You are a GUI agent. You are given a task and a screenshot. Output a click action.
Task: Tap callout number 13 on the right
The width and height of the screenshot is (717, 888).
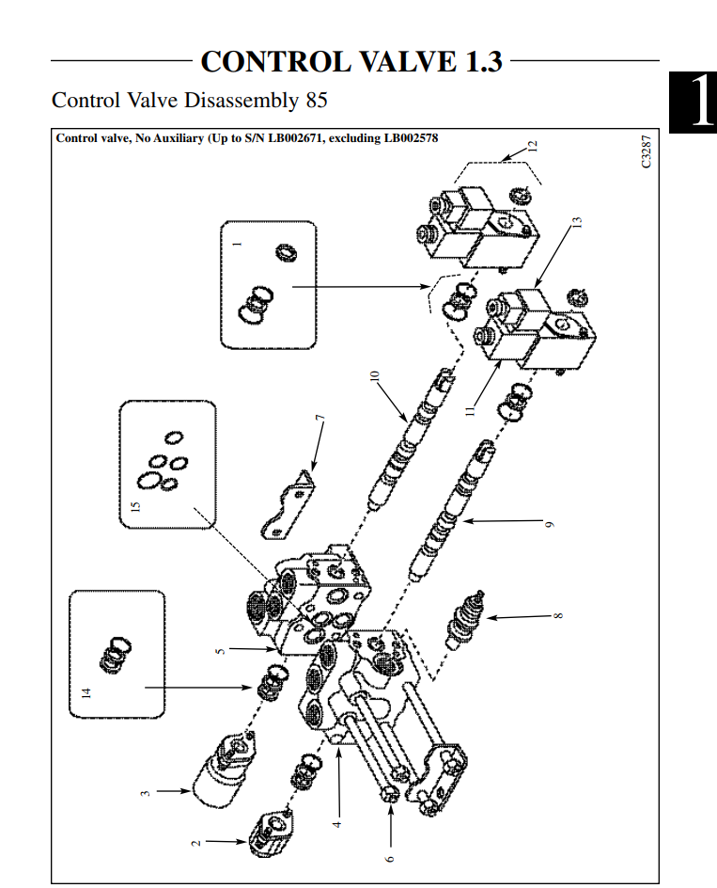pyautogui.click(x=578, y=223)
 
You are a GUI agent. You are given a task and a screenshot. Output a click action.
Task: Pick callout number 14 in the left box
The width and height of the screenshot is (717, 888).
pyautogui.click(x=86, y=693)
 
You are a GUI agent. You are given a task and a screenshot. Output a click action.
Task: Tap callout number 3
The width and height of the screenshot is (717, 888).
pyautogui.click(x=146, y=792)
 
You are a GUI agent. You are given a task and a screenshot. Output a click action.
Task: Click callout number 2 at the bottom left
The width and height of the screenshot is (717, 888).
pyautogui.click(x=196, y=841)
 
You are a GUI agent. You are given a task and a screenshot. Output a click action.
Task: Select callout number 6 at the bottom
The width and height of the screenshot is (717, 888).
pyautogui.click(x=390, y=856)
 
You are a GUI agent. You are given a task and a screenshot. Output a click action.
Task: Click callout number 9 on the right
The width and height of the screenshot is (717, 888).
pyautogui.click(x=551, y=523)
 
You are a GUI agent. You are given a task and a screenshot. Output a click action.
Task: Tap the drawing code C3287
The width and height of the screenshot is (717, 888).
pyautogui.click(x=646, y=151)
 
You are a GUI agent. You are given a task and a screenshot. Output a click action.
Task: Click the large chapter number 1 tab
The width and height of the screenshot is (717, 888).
pyautogui.click(x=694, y=101)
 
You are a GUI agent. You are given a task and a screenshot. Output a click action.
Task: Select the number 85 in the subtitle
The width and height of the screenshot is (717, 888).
pyautogui.click(x=314, y=99)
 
